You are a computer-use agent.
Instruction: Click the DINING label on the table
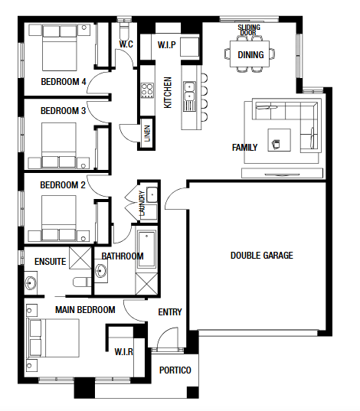250,55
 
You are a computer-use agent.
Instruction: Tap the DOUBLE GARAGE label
262,256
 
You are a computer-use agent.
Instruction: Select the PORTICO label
175,370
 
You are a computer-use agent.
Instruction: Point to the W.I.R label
124,351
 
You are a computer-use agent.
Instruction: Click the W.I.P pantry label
167,45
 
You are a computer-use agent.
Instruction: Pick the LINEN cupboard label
147,133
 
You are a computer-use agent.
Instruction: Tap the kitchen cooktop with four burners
147,90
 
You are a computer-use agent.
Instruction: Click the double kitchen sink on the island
189,91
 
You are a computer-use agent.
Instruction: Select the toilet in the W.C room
123,31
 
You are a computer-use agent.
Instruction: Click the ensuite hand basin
31,283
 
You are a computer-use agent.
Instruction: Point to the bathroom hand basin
101,271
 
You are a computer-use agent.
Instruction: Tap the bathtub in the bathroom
146,250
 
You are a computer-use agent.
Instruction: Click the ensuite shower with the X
80,258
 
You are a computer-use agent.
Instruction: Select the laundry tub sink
152,194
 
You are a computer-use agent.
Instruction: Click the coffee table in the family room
279,140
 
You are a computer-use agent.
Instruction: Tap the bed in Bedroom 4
60,47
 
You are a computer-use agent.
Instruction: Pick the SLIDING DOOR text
249,30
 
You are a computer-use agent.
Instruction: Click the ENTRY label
170,312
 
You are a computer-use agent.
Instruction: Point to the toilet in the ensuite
82,282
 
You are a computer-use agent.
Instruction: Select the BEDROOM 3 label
64,111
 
